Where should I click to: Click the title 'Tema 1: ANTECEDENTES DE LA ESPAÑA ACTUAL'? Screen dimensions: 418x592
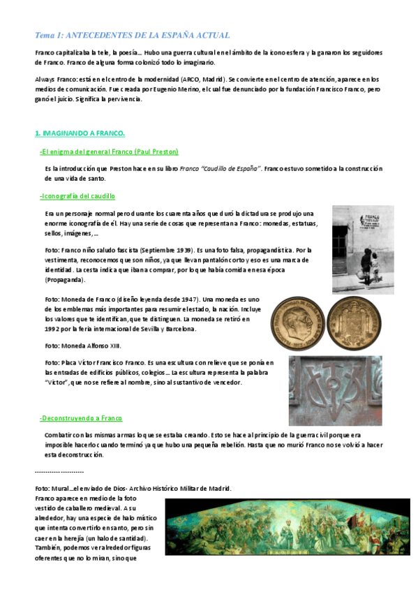132,35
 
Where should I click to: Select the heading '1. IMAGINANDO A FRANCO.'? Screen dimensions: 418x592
80,133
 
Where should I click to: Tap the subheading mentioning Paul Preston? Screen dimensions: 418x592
109,151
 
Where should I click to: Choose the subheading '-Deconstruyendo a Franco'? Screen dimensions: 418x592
81,418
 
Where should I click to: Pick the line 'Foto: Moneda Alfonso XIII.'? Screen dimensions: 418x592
83,346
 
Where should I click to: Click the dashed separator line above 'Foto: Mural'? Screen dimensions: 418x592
59,472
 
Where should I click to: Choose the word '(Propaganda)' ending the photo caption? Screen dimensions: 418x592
65,280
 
